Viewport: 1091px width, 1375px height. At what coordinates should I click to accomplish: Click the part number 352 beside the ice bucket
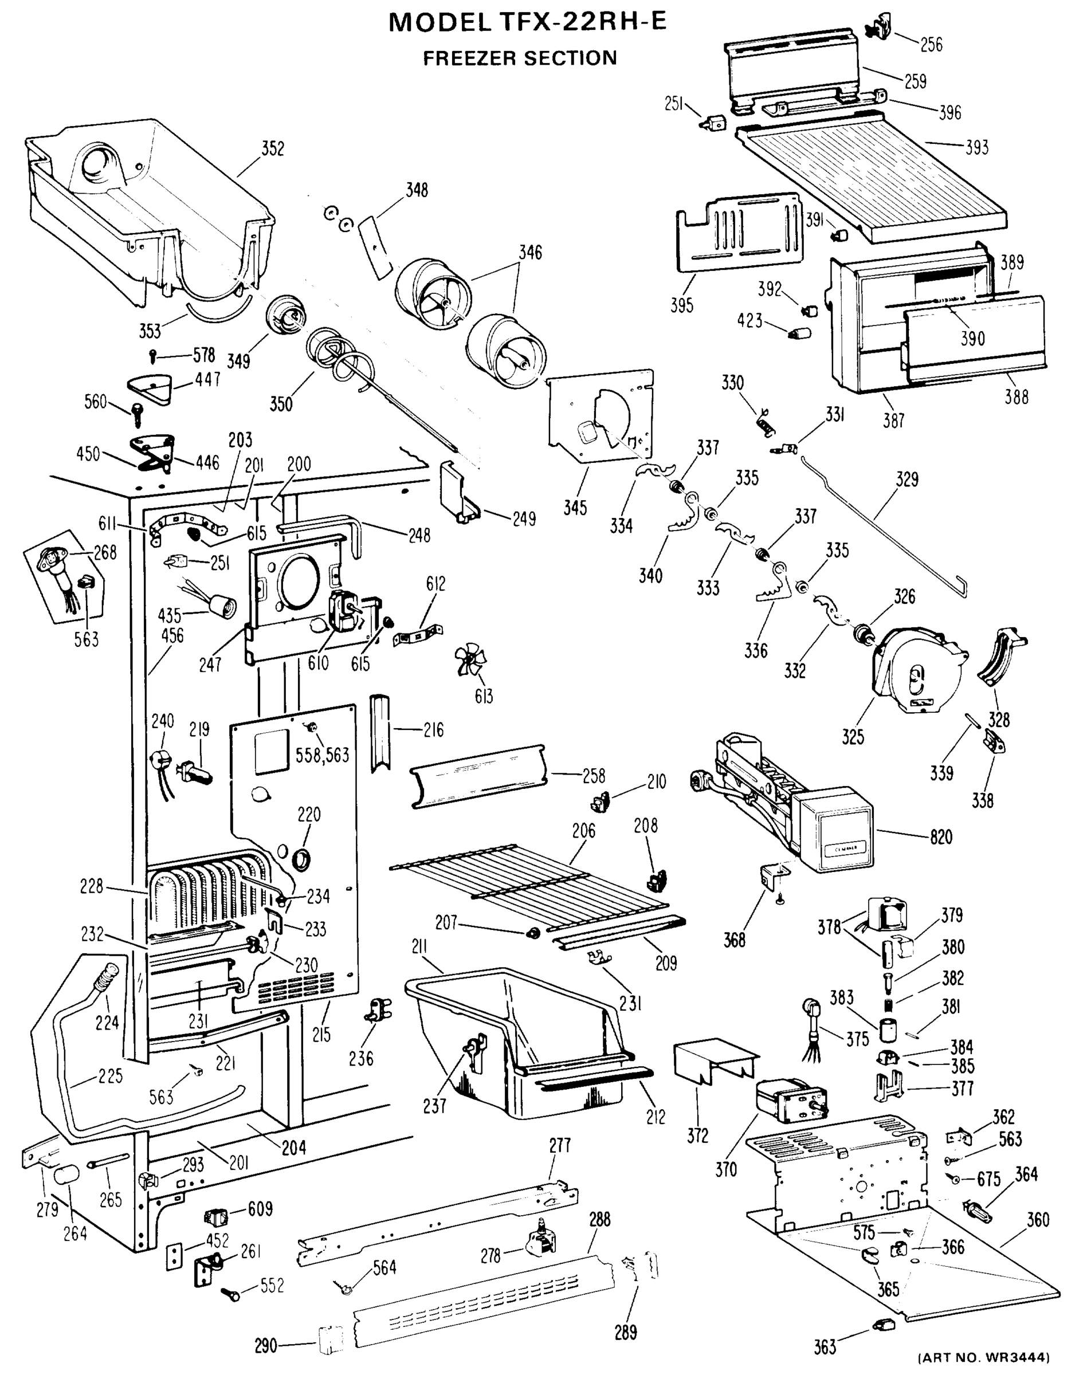pyautogui.click(x=272, y=148)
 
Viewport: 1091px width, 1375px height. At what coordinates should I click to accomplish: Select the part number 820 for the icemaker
pyautogui.click(x=941, y=836)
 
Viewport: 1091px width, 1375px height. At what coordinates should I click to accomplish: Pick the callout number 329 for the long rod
pyautogui.click(x=906, y=479)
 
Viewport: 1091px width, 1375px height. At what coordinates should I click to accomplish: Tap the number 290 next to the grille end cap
pyautogui.click(x=265, y=1346)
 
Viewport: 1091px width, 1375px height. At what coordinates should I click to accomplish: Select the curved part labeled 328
pyautogui.click(x=1000, y=660)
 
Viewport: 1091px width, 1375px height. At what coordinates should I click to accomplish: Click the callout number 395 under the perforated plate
pyautogui.click(x=681, y=305)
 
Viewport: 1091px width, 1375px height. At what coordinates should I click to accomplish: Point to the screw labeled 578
pyautogui.click(x=153, y=355)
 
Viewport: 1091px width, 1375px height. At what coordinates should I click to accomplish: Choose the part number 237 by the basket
pyautogui.click(x=434, y=1105)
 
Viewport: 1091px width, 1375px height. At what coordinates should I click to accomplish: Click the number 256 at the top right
pyautogui.click(x=931, y=45)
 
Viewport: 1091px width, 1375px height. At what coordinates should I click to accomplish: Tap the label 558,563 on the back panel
pyautogui.click(x=322, y=755)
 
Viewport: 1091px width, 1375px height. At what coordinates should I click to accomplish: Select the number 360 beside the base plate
pyautogui.click(x=1037, y=1219)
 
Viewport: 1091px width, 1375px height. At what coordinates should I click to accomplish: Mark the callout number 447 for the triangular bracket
pyautogui.click(x=207, y=379)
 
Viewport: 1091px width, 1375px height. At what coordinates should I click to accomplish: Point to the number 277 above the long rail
pyautogui.click(x=559, y=1145)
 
